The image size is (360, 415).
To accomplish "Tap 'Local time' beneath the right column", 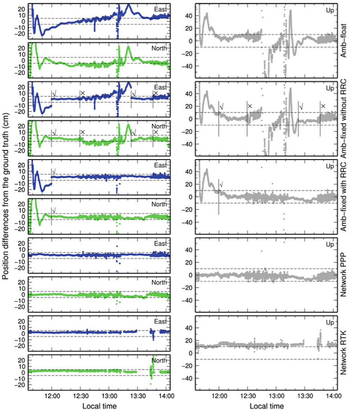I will [x=266, y=406].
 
